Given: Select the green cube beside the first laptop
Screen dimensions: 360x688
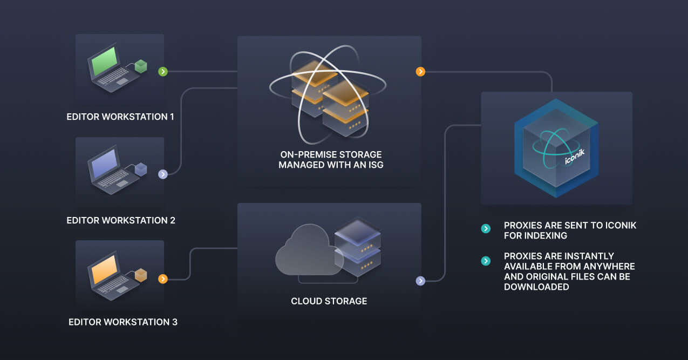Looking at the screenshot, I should click(141, 66).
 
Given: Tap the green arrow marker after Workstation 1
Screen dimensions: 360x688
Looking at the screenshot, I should click(163, 71).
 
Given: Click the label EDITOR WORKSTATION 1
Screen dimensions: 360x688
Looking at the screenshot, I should click(120, 117).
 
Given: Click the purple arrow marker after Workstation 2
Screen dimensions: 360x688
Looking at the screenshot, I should click(163, 174).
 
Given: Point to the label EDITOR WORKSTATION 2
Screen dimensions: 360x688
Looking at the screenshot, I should click(121, 220).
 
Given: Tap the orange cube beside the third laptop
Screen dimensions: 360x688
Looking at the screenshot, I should click(141, 275).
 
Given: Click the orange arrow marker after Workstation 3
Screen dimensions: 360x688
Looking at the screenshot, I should click(163, 279).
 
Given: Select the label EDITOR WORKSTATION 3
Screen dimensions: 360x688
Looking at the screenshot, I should click(123, 322).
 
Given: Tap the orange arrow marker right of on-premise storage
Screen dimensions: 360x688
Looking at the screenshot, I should click(420, 71).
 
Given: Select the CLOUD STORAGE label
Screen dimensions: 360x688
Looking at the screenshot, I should click(329, 301).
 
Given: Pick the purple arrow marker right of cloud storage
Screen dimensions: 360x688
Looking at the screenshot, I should click(420, 281).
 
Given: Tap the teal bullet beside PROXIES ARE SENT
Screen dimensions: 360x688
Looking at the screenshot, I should click(486, 229).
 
